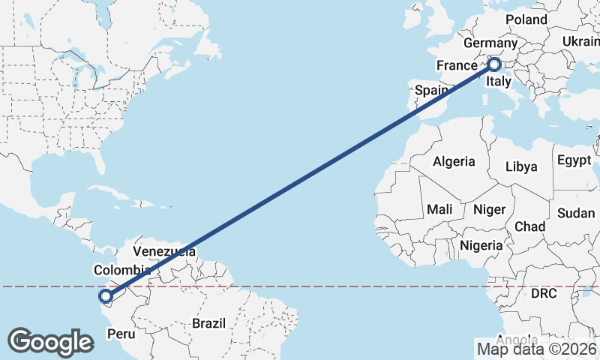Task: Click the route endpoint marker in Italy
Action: point(494,64)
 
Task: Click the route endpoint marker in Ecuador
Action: point(106,296)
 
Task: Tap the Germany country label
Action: point(491,43)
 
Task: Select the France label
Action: point(457,65)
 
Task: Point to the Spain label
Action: point(432,90)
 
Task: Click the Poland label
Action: point(526,19)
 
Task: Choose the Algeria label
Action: point(454,161)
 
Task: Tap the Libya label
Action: point(522,166)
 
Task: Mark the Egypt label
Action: point(575,160)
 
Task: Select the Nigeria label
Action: point(481,245)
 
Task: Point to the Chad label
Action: point(529,226)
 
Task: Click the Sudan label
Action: point(576,213)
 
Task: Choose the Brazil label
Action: point(208,323)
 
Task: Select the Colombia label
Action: point(122,270)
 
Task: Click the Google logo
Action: point(51,341)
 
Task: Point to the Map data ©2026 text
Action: point(537,349)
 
